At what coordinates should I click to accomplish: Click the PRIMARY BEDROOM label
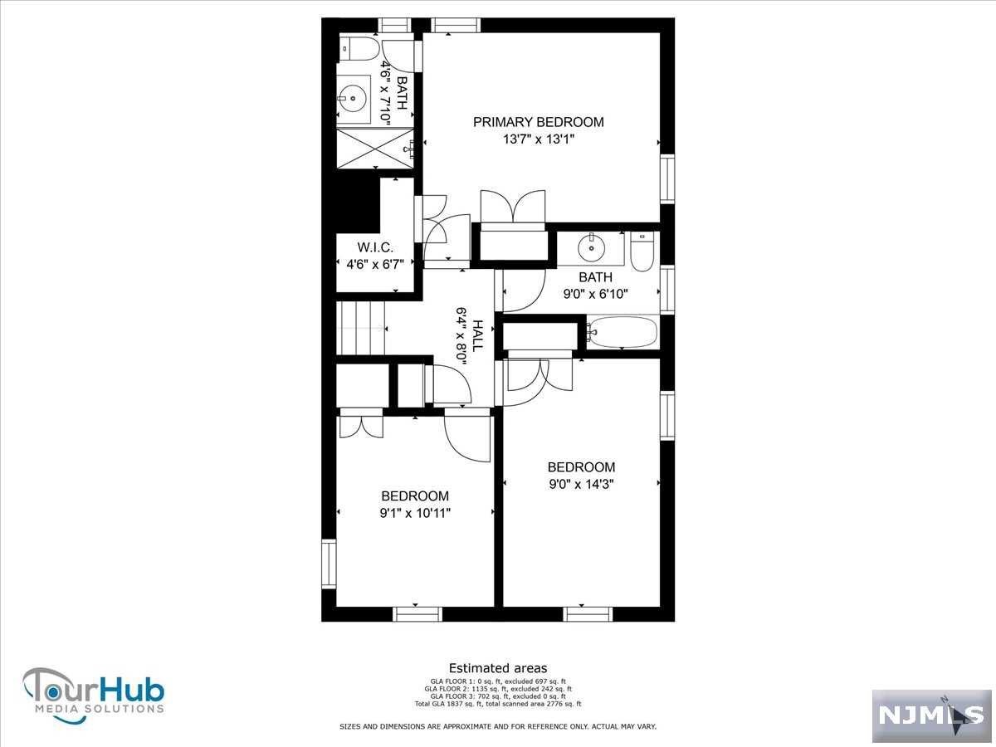tap(538, 122)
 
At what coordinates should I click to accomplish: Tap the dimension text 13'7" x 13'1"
tap(539, 139)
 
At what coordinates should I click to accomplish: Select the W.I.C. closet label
tap(375, 247)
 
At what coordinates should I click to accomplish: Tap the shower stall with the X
tap(375, 148)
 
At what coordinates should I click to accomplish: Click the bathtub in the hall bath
tap(622, 332)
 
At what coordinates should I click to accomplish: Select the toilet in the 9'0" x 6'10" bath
tap(642, 251)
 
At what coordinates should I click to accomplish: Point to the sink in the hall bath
tap(591, 248)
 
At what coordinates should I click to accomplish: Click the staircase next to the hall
tap(360, 328)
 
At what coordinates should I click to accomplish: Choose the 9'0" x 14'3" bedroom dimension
tap(581, 485)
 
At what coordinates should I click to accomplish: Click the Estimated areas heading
tap(498, 668)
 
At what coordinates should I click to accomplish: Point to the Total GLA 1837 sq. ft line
tap(498, 704)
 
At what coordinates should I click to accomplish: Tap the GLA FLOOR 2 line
tap(498, 689)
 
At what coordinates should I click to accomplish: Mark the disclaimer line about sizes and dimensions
tap(498, 726)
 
